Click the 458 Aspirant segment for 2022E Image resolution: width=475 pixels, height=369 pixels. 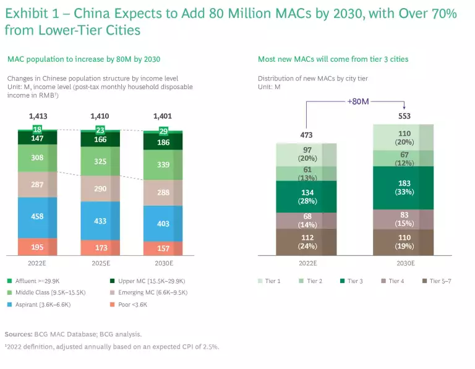click(x=38, y=217)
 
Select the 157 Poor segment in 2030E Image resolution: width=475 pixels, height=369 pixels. click(x=163, y=248)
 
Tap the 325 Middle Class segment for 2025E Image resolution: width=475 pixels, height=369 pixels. click(x=100, y=161)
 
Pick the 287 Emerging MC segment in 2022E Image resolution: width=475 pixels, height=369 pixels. click(x=38, y=184)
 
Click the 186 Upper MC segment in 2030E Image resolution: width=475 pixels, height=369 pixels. click(x=163, y=143)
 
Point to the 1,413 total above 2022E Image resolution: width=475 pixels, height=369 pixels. click(x=38, y=116)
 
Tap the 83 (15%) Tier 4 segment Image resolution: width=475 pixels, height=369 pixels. click(x=403, y=219)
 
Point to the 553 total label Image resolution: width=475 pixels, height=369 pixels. click(x=404, y=116)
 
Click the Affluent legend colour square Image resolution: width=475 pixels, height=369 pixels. click(x=10, y=281)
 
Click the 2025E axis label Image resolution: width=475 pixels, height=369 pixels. click(x=100, y=262)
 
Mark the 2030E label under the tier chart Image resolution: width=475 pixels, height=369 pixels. click(x=404, y=262)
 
